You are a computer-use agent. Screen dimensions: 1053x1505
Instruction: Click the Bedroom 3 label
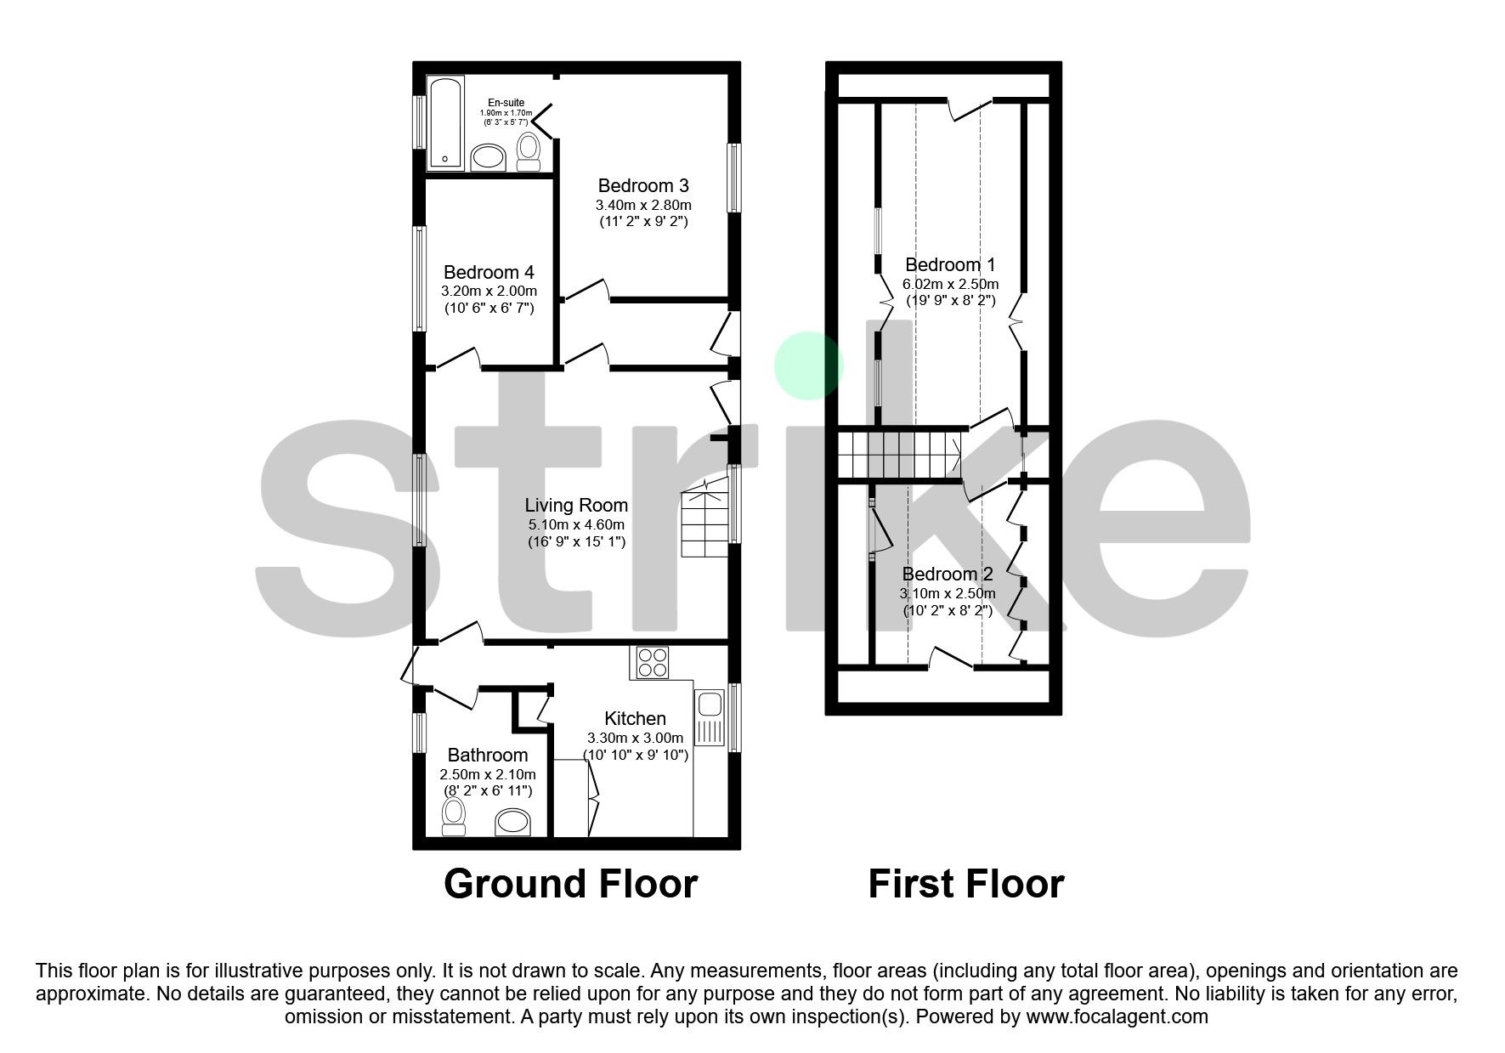(x=642, y=186)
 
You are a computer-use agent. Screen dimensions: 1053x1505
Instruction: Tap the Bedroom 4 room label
(x=489, y=273)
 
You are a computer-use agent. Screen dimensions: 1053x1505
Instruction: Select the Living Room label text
(x=575, y=506)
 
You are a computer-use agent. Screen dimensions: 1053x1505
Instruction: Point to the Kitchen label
(x=635, y=719)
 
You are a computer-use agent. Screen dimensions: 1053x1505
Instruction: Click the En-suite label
(x=506, y=103)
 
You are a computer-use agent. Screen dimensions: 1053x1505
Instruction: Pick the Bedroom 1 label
(x=949, y=265)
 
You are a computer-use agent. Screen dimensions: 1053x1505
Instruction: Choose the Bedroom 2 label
(x=947, y=575)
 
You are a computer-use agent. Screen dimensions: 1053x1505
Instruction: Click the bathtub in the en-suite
(x=444, y=123)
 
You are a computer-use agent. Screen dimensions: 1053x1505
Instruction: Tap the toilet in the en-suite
(x=529, y=151)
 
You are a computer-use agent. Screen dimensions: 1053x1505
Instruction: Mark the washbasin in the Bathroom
(x=512, y=822)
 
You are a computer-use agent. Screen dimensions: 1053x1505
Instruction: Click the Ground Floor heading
(x=570, y=884)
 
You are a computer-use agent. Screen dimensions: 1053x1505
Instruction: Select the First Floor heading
(x=965, y=884)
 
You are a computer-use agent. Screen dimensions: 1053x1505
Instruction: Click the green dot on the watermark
(x=807, y=365)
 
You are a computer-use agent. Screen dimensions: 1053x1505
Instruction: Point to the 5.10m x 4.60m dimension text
(x=575, y=524)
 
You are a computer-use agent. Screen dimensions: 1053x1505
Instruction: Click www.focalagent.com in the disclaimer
(x=1117, y=1016)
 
